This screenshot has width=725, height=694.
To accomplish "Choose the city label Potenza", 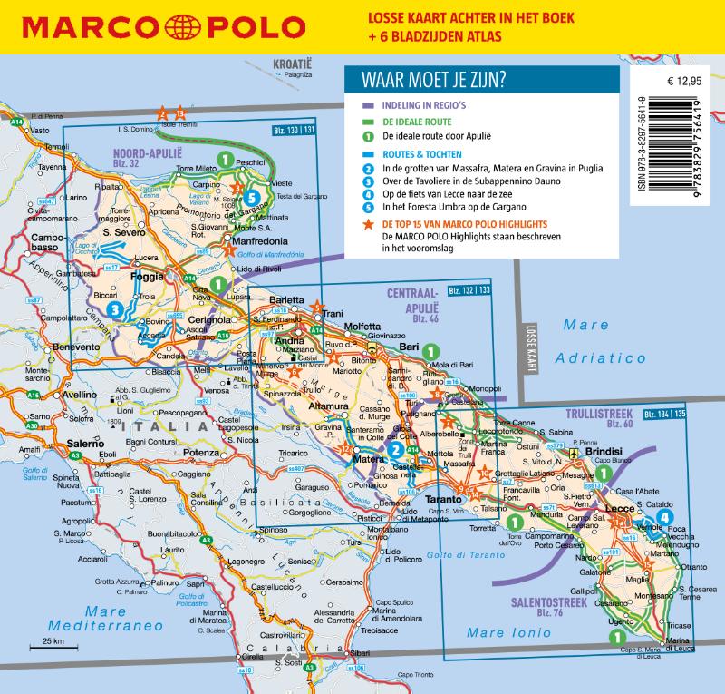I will [201, 451].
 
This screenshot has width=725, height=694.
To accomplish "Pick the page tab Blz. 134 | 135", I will [665, 414].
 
